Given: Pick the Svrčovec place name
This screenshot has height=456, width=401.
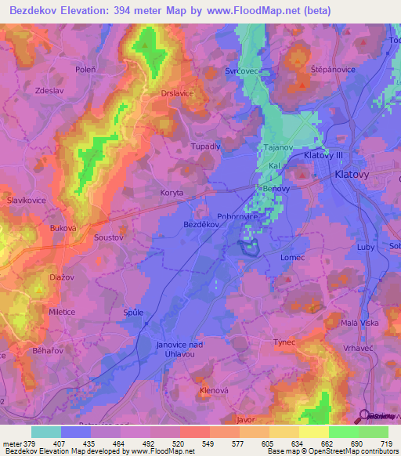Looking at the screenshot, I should click(x=243, y=71).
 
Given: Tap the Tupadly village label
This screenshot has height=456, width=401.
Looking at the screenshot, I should click(x=207, y=147).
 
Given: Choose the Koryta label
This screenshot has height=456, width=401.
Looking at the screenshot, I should click(x=170, y=192).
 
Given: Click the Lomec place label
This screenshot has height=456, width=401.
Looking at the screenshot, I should click(x=292, y=256).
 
